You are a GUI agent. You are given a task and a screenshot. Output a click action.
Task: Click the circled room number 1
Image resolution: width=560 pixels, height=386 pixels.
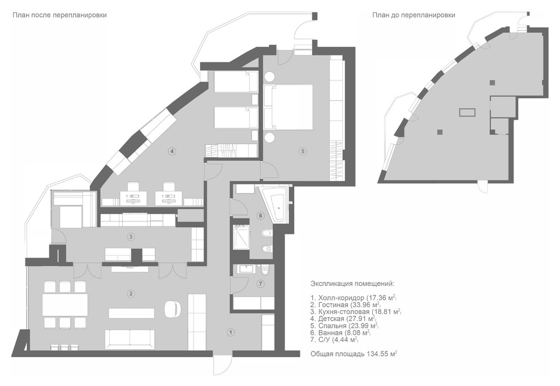(231, 332)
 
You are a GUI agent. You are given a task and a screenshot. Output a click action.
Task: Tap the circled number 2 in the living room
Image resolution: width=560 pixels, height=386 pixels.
(131, 294)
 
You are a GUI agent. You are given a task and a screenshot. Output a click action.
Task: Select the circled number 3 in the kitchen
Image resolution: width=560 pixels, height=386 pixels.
(131, 237)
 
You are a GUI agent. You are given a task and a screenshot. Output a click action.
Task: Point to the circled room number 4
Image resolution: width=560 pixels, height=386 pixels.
(172, 151)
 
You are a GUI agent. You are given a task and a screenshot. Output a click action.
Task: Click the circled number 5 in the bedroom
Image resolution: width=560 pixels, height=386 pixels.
(303, 151)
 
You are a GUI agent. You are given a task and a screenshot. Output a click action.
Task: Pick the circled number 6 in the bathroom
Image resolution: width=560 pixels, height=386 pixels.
(260, 216)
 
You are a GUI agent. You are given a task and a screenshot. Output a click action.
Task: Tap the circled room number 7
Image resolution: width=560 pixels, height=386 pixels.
(260, 284)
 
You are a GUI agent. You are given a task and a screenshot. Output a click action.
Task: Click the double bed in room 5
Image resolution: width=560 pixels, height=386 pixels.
(288, 106)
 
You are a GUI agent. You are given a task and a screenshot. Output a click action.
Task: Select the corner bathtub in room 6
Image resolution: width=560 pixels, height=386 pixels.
(275, 203)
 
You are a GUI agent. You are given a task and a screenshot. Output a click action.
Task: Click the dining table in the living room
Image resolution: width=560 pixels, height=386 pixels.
(65, 304)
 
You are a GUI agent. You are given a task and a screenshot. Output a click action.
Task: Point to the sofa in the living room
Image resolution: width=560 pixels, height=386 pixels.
(130, 339)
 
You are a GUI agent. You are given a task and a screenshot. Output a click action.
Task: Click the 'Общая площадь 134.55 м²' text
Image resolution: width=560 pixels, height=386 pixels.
(354, 354)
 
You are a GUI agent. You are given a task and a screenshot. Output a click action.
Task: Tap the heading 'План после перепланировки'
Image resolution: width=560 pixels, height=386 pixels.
(59, 15)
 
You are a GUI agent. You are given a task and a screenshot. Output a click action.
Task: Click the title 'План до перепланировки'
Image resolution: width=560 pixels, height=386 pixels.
(413, 15)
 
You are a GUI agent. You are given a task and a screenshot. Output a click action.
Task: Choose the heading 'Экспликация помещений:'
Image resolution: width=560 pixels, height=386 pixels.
(352, 284)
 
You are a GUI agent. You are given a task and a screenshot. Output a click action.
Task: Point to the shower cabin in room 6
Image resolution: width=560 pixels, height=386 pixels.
(242, 237)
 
